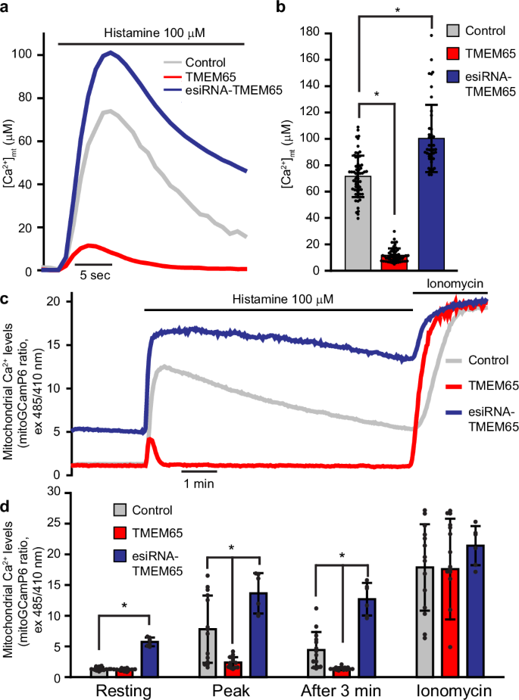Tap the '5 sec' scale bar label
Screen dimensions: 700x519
click(x=95, y=275)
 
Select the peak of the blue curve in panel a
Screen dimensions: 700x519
click(x=111, y=53)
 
